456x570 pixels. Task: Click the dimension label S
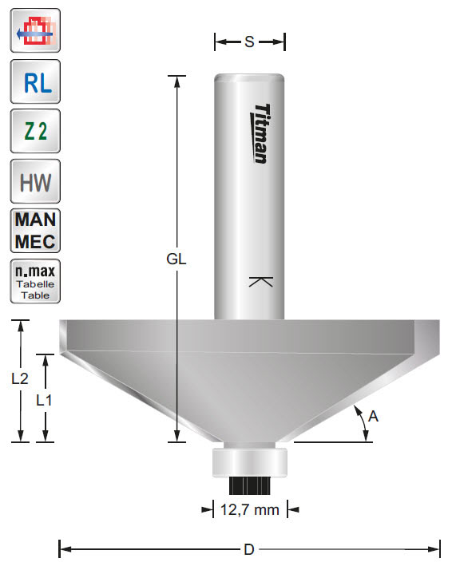(x=249, y=42)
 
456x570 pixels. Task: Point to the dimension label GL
(x=177, y=259)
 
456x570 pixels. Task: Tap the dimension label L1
(x=46, y=401)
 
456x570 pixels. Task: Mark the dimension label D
(x=249, y=549)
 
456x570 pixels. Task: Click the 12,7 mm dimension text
(x=249, y=509)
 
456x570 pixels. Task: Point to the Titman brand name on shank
(x=260, y=133)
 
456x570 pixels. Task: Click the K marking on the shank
(x=260, y=281)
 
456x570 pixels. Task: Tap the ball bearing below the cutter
(x=249, y=462)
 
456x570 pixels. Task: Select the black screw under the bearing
(x=249, y=485)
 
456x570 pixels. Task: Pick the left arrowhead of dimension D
(x=64, y=549)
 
